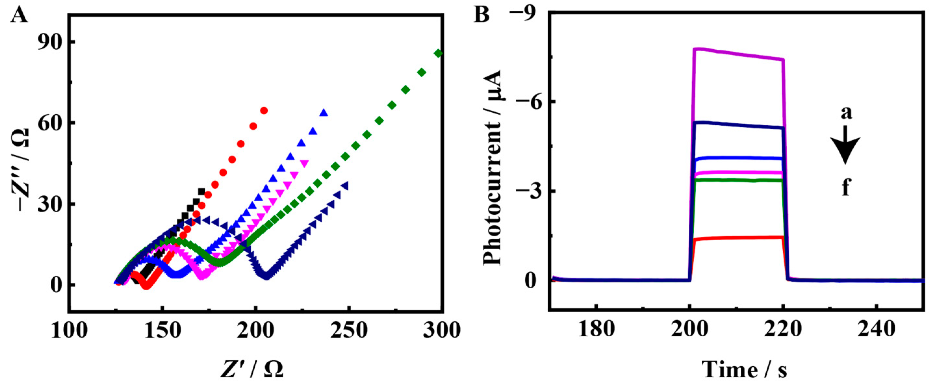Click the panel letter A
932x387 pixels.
pos(19,15)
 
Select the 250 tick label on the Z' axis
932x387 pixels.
pos(349,330)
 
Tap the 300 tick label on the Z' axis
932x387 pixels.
pos(442,330)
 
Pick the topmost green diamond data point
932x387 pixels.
pos(438,54)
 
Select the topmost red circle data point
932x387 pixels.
pos(264,111)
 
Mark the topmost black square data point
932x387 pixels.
pos(201,192)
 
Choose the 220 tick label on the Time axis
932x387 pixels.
pos(783,330)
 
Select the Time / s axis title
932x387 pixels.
pos(745,370)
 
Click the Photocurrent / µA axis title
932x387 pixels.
pos(493,168)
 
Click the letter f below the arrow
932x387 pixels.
pos(846,188)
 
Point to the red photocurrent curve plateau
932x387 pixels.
pos(738,238)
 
